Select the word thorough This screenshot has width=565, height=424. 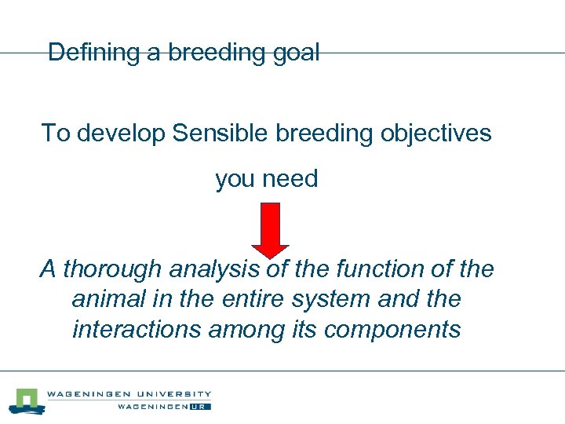pos(109,269)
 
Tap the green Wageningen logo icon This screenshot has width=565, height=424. pos(27,400)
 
